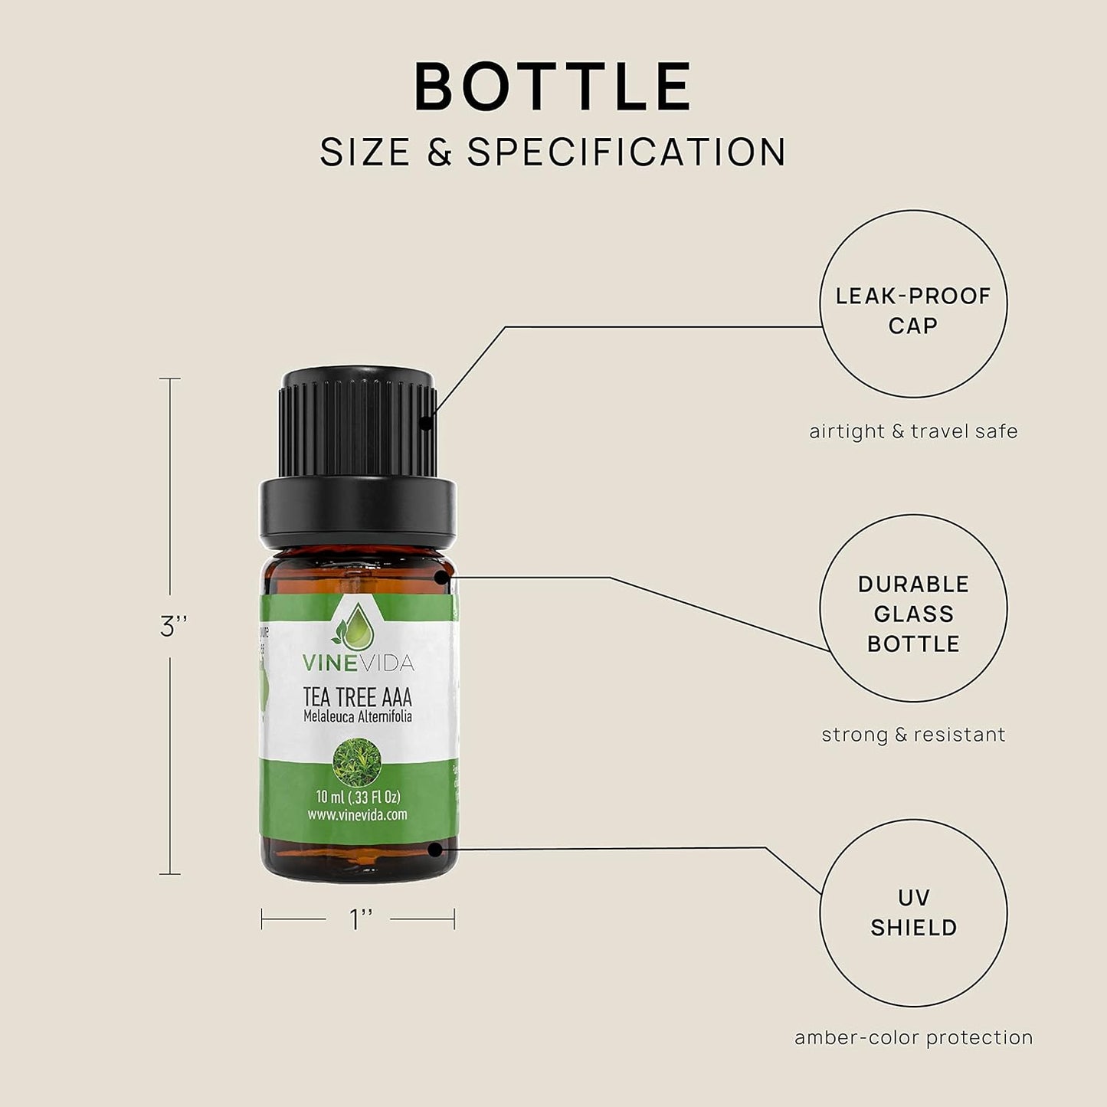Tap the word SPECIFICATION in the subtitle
[x=627, y=152]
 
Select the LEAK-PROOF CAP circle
[x=913, y=304]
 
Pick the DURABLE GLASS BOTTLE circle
[x=913, y=608]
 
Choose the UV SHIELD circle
[x=913, y=912]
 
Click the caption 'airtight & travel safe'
[x=913, y=431]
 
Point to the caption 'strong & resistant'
[x=913, y=735]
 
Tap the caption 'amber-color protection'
[x=913, y=1038]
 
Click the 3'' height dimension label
[x=174, y=627]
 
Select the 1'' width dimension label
[x=360, y=919]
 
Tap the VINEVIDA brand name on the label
[x=358, y=662]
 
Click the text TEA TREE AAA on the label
[x=358, y=697]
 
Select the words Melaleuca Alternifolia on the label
[x=358, y=717]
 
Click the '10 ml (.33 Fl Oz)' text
[x=358, y=797]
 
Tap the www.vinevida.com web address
[x=358, y=815]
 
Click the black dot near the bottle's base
[x=435, y=849]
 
